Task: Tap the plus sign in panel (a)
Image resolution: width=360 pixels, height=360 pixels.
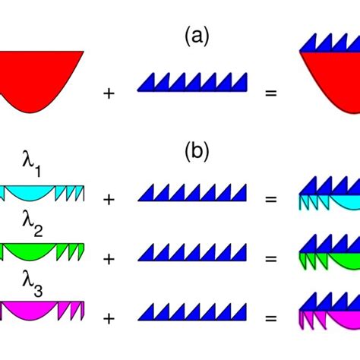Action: (109, 94)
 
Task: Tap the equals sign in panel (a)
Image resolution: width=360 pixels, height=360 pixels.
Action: (270, 94)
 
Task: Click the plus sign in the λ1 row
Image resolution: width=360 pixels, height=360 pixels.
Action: (109, 199)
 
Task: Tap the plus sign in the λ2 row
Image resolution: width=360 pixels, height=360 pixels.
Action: (109, 258)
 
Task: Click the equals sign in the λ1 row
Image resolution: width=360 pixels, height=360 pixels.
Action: (270, 199)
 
